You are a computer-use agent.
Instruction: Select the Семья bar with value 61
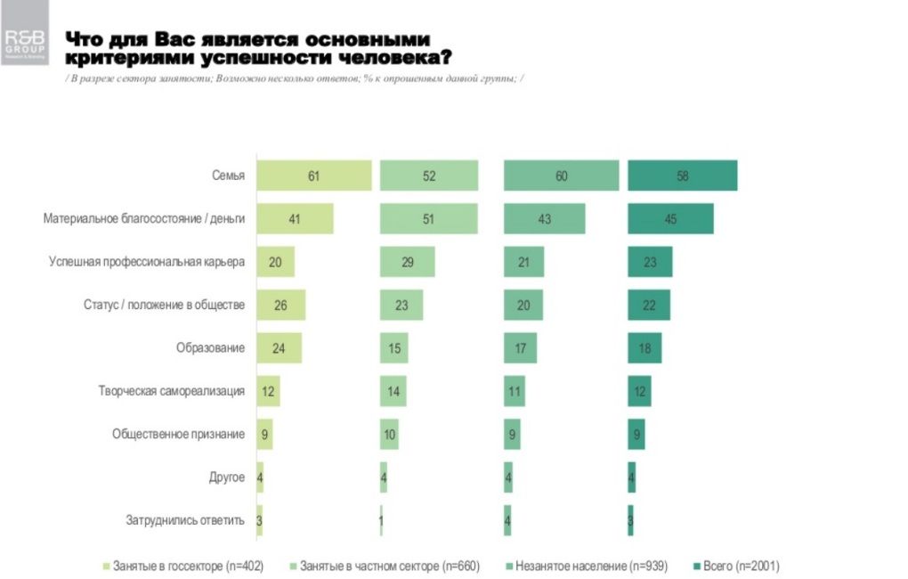click(x=313, y=175)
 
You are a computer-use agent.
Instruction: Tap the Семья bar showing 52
click(x=429, y=175)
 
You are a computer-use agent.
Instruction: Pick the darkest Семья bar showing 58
click(x=682, y=175)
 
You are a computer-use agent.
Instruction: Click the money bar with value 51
click(x=429, y=219)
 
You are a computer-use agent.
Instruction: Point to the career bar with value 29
click(x=407, y=262)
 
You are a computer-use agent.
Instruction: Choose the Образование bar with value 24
click(x=279, y=348)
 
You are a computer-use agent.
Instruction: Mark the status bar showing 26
click(x=280, y=306)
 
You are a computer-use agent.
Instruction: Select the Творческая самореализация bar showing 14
click(x=391, y=391)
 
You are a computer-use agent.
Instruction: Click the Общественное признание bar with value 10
click(x=389, y=435)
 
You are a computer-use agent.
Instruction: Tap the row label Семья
click(x=229, y=175)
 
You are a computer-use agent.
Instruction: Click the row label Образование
click(x=210, y=348)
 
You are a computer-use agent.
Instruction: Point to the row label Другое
click(x=226, y=477)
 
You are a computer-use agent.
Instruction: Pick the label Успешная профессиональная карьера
click(x=146, y=262)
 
